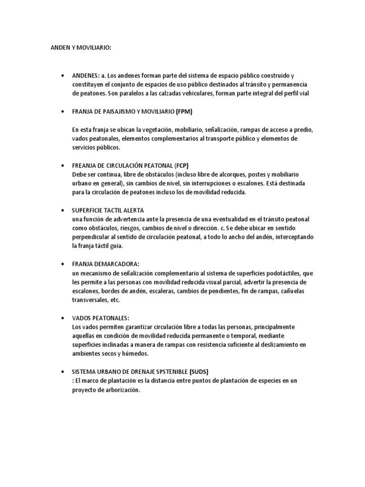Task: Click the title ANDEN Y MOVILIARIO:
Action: click(80, 48)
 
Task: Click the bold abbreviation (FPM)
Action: click(184, 112)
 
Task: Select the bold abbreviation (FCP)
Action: click(182, 166)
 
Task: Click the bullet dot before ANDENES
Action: click(63, 76)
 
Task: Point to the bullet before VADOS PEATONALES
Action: click(63, 318)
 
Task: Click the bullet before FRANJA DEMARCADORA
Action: click(63, 264)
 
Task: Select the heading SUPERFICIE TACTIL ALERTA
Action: click(107, 210)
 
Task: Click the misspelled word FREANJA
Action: click(84, 166)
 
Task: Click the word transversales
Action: click(89, 300)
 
